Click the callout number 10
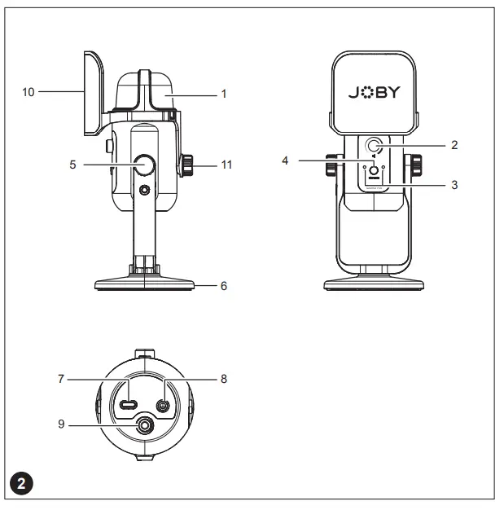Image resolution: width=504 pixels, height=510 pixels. point(28,92)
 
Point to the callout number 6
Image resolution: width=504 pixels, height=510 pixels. point(223,286)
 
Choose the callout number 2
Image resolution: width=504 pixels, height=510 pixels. point(454,145)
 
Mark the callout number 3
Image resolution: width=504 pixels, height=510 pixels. point(454,185)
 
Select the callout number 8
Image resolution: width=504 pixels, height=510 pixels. point(223,379)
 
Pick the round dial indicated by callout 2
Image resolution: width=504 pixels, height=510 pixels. point(375,146)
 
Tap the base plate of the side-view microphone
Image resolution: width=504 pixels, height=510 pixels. point(145,285)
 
